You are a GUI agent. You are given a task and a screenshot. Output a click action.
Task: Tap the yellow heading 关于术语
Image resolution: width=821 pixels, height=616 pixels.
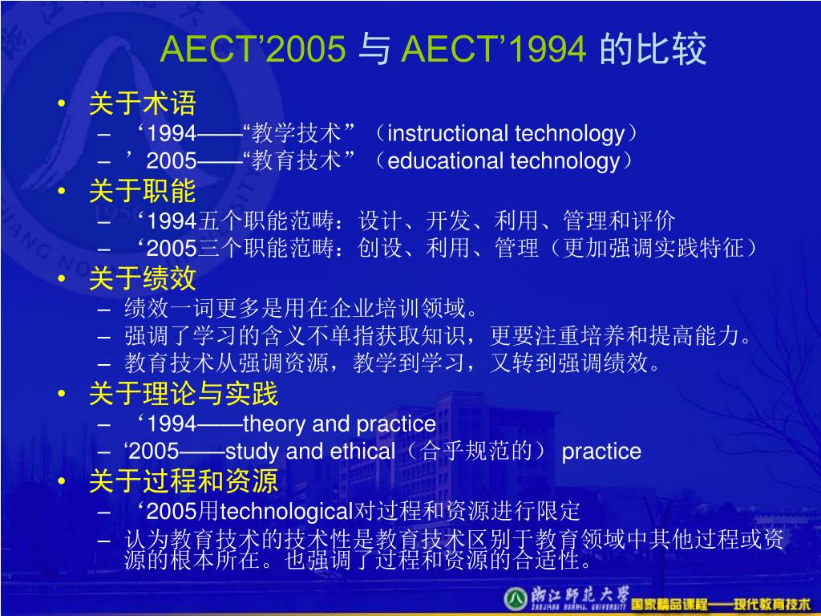pos(143,103)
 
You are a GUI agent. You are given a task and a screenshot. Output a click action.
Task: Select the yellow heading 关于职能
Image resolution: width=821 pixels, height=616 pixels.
pos(143,191)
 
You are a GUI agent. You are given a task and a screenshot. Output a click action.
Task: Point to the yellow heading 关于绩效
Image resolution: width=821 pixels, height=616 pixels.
pos(143,278)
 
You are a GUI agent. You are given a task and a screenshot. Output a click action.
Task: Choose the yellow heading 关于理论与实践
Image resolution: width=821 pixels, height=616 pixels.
pos(184,395)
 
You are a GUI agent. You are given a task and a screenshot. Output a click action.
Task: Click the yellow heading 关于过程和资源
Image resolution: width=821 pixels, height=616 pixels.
pos(184,481)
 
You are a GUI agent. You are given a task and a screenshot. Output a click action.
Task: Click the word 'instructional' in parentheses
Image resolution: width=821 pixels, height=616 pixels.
pos(447,133)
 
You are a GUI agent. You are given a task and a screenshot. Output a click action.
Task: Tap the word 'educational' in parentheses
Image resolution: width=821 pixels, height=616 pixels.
pos(447,161)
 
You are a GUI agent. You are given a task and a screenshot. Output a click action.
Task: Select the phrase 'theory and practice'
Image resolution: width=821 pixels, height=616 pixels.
pos(339,423)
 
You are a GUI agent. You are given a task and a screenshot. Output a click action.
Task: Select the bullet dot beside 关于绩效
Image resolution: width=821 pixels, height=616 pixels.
pos(63,278)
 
